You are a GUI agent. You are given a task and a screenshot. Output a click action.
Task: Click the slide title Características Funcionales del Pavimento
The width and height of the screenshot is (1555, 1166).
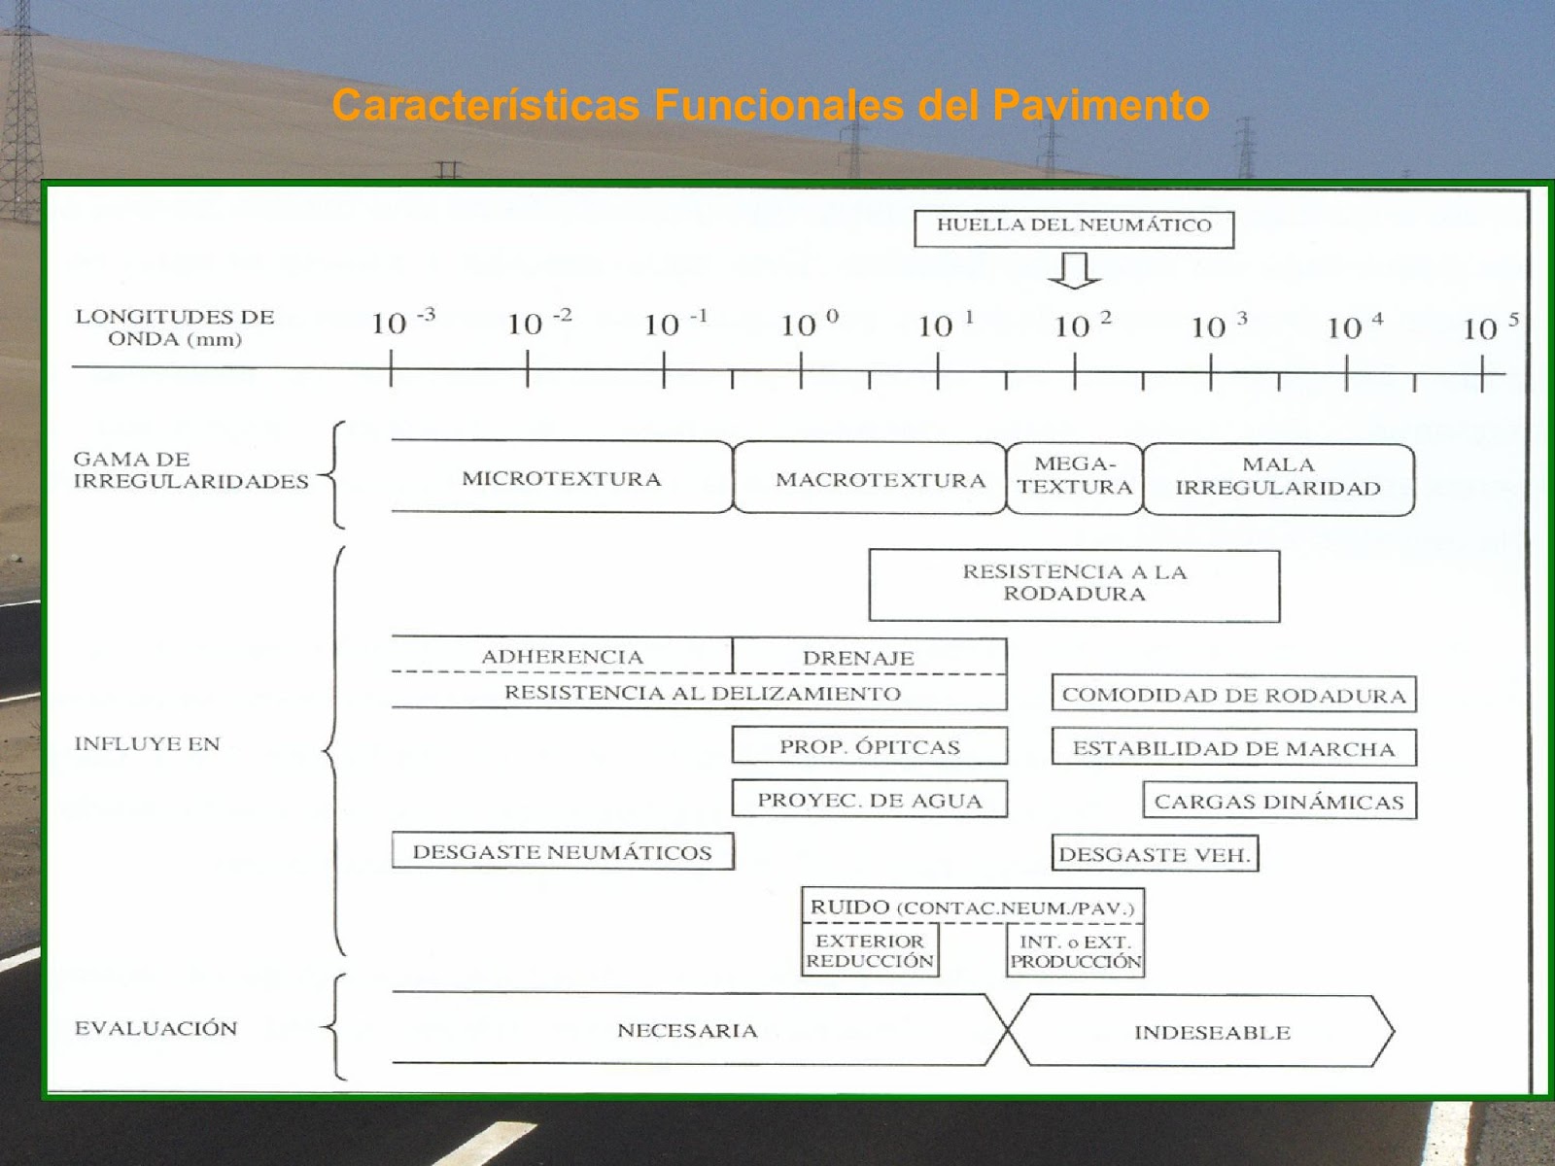(771, 105)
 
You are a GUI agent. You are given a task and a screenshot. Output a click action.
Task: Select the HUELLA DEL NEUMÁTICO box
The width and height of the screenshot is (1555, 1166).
(1074, 227)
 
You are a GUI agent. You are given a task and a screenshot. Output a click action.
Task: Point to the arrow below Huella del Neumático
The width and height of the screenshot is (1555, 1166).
(1074, 270)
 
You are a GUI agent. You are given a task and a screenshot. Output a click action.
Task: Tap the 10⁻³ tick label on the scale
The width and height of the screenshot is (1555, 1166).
(401, 322)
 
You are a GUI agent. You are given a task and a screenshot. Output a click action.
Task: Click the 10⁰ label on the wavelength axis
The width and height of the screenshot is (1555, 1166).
(809, 323)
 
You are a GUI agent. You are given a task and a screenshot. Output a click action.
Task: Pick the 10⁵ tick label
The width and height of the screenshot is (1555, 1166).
(1489, 326)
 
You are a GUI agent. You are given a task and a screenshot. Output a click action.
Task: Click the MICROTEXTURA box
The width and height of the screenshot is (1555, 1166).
(561, 479)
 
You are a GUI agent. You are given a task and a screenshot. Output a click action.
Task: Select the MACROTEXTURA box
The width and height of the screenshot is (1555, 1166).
(879, 480)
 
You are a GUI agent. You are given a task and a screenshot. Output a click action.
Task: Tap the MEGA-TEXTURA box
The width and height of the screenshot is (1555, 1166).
(1075, 476)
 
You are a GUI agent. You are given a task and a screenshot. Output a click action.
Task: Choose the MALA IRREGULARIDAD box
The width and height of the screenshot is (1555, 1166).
(1278, 477)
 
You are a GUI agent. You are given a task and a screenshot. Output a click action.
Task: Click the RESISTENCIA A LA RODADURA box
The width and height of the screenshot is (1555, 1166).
(1074, 583)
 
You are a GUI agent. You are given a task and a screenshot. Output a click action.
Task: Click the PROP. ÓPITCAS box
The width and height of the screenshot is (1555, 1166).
(869, 747)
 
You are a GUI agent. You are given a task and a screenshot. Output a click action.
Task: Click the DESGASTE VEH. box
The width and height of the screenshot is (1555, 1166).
(1155, 855)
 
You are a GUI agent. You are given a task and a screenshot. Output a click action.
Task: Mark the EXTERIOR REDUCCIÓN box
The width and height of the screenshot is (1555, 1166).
(870, 951)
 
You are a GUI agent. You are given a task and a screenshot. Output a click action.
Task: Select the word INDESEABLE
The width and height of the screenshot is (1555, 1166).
(1212, 1033)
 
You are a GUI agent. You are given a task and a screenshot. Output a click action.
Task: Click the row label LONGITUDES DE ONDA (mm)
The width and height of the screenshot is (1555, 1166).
(175, 328)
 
